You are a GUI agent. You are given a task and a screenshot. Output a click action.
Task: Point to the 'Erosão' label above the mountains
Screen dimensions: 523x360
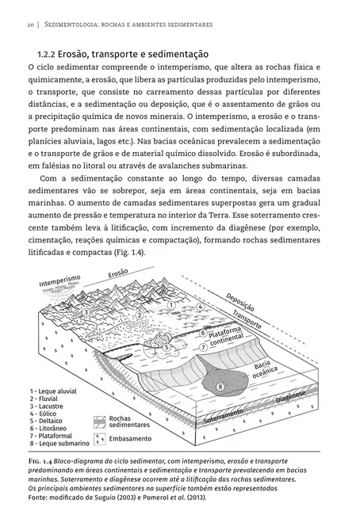click(117, 274)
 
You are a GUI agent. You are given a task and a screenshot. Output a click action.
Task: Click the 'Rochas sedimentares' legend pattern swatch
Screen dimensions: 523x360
click(98, 421)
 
